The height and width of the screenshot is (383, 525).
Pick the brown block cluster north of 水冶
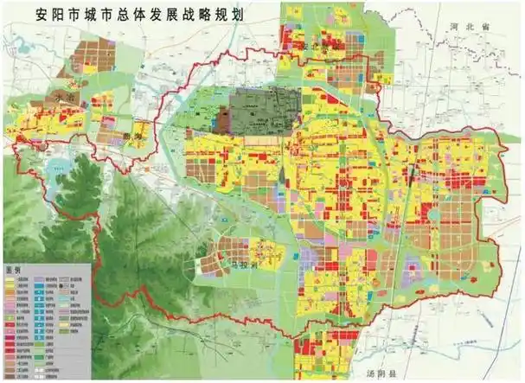90,55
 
